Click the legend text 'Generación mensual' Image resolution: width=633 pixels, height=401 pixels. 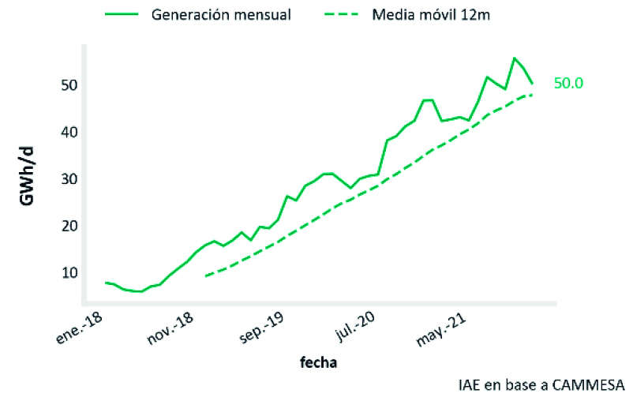click(x=223, y=15)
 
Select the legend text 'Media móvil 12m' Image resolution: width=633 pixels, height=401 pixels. click(x=433, y=15)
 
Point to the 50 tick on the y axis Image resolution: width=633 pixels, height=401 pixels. click(x=66, y=84)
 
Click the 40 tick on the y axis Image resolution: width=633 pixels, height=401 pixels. click(x=66, y=132)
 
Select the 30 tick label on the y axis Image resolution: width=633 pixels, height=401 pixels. click(x=66, y=179)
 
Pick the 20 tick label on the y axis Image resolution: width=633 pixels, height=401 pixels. click(x=66, y=226)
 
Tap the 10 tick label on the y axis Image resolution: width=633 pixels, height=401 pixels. click(x=66, y=273)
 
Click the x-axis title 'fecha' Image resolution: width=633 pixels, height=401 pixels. click(x=319, y=363)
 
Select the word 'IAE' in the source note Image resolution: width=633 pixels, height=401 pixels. click(x=469, y=385)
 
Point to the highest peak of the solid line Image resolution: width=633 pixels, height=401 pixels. click(x=514, y=58)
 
